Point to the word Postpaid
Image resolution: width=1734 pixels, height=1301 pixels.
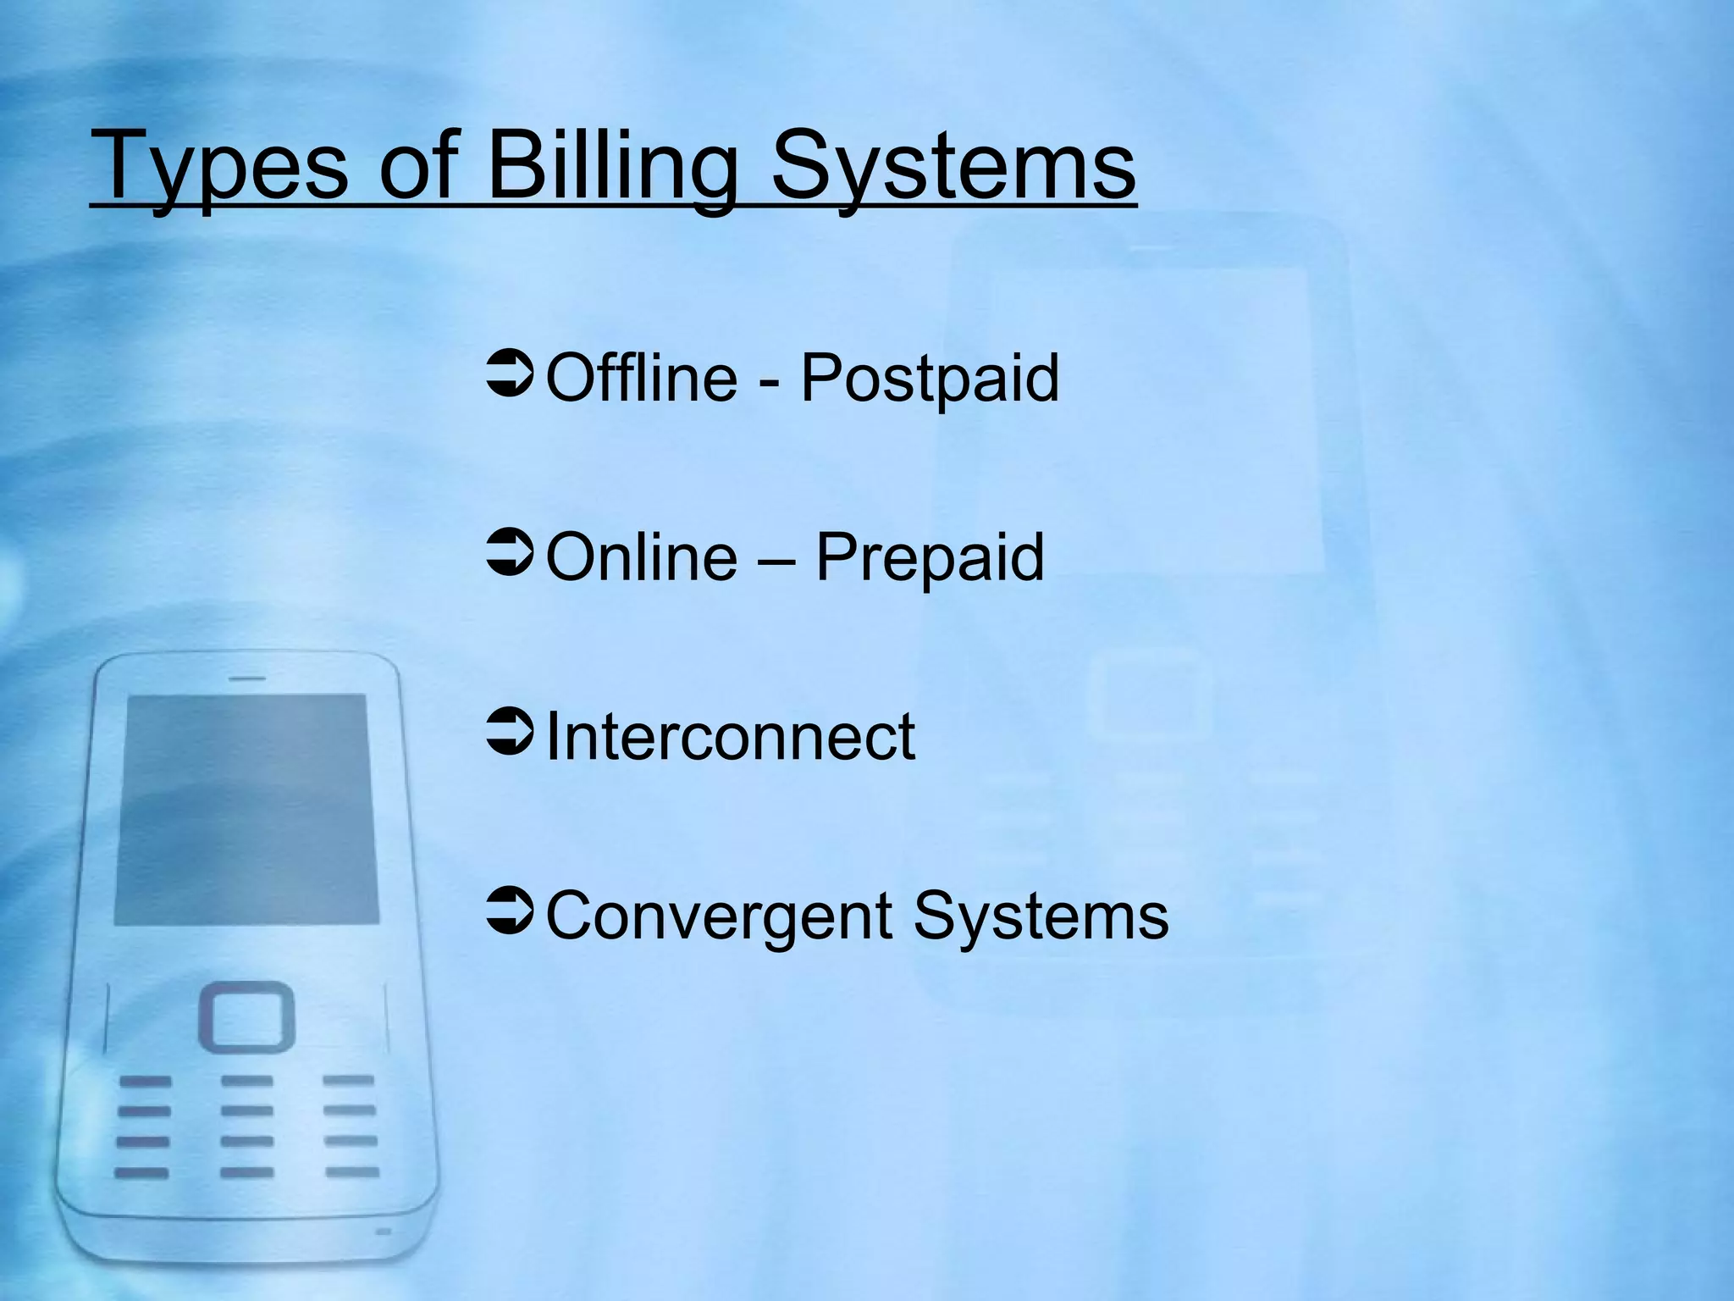[x=930, y=379]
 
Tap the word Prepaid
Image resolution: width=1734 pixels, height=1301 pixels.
[x=930, y=558]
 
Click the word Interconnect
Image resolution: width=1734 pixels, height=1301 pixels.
[x=731, y=736]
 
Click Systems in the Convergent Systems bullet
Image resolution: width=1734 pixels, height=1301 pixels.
[x=1041, y=916]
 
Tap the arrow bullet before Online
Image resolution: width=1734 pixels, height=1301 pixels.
[x=510, y=555]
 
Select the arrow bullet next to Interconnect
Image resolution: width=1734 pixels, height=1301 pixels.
[x=510, y=734]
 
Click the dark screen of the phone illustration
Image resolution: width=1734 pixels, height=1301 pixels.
[x=246, y=809]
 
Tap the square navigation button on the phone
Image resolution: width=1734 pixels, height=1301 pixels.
[x=246, y=1016]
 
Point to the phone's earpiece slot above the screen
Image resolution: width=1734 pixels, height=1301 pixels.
[x=247, y=678]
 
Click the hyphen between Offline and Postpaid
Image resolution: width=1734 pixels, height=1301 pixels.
[x=770, y=381]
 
